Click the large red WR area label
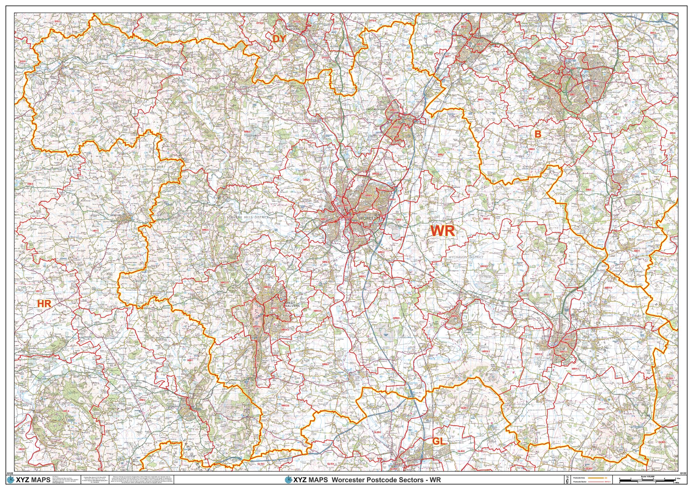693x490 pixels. pyautogui.click(x=442, y=231)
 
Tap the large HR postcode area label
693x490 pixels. pyautogui.click(x=44, y=304)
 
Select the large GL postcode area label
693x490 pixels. pyautogui.click(x=438, y=441)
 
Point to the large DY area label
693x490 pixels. pyautogui.click(x=280, y=39)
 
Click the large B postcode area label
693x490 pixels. pyautogui.click(x=538, y=134)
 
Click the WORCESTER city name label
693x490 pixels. pyautogui.click(x=371, y=218)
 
